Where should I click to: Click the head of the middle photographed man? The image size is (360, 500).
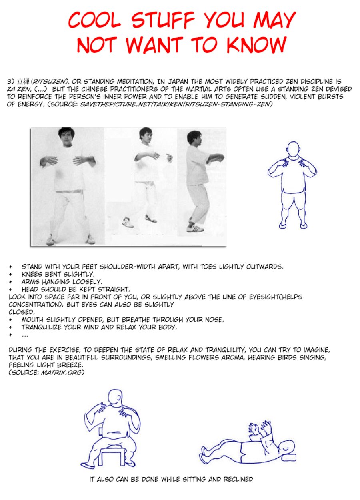click(x=146, y=136)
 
